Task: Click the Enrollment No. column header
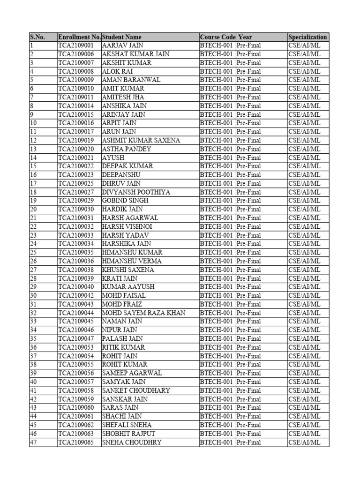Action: pyautogui.click(x=79, y=37)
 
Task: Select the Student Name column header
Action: pyautogui.click(x=121, y=37)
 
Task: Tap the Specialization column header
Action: pyautogui.click(x=307, y=37)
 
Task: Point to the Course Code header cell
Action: pyautogui.click(x=217, y=37)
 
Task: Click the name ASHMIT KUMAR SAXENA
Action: pyautogui.click(x=141, y=141)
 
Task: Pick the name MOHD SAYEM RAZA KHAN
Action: pyautogui.click(x=143, y=313)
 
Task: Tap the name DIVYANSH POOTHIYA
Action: pyautogui.click(x=136, y=192)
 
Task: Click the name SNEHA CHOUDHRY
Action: pyautogui.click(x=132, y=442)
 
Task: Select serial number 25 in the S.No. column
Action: pyautogui.click(x=33, y=253)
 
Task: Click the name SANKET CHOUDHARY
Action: pyautogui.click(x=136, y=390)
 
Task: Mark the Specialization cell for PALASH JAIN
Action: pyautogui.click(x=304, y=339)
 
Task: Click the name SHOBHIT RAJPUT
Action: pyautogui.click(x=128, y=434)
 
